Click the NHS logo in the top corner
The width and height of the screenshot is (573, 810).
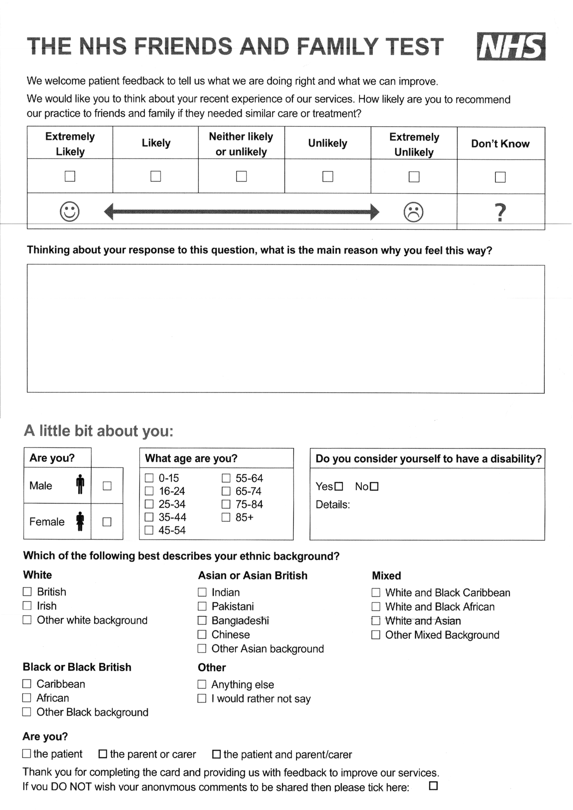tap(511, 47)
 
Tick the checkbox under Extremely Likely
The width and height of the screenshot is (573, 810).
tap(70, 176)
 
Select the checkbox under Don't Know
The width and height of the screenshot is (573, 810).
tap(500, 177)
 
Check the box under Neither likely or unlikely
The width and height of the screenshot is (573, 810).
tap(241, 176)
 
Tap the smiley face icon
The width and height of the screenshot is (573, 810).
tap(70, 212)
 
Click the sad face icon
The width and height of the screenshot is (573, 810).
tap(413, 212)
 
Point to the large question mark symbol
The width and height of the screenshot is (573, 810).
tap(500, 212)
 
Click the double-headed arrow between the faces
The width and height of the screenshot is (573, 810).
tap(241, 212)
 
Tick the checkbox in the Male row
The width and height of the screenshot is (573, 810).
tap(107, 486)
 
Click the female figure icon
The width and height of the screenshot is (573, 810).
tap(80, 521)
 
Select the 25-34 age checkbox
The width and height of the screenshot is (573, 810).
tap(149, 504)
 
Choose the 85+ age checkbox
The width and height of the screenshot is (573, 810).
tap(226, 517)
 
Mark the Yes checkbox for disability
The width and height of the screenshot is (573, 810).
tap(338, 487)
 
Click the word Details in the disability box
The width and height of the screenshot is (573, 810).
tap(332, 505)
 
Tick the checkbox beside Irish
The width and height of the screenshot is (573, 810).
tap(27, 606)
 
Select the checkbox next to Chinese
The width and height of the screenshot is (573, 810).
tap(202, 634)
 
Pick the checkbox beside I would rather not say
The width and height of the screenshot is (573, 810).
tap(202, 698)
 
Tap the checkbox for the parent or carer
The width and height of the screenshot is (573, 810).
tap(103, 754)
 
